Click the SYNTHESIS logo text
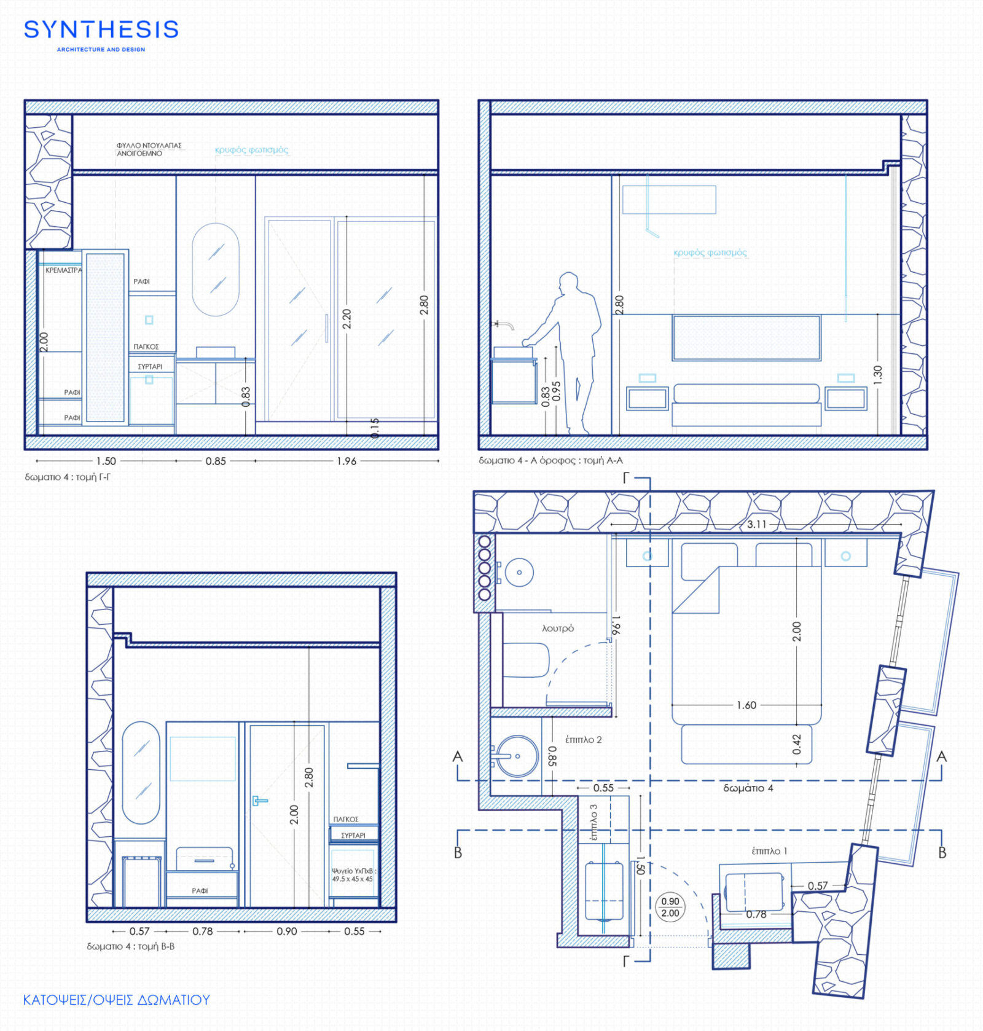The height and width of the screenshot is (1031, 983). coord(101,29)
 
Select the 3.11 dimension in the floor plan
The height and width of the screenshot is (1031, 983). coord(756,524)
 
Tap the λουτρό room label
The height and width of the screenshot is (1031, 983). coord(557,628)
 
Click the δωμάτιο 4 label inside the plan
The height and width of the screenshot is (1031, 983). coord(748,788)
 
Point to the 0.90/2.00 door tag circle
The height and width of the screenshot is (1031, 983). coord(670,907)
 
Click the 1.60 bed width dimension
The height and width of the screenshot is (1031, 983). coord(746,705)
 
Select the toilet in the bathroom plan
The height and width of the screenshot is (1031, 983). coord(526,660)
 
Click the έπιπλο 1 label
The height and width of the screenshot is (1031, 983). coord(769,851)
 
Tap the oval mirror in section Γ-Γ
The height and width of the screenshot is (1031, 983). coord(215,269)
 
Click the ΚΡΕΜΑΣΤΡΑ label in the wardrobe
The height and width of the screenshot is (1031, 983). coord(63,270)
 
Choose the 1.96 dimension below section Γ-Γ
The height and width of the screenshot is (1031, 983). coord(346,461)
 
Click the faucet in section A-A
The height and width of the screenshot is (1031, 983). coord(504,323)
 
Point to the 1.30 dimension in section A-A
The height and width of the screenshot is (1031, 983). coord(877,375)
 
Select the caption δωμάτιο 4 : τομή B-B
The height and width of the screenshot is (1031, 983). coord(130,946)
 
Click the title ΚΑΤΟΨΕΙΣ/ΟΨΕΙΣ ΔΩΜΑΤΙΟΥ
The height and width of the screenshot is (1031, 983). coord(116,1000)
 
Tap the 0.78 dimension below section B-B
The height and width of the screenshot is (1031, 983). coord(202,931)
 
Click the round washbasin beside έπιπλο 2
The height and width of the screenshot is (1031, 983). coord(517,756)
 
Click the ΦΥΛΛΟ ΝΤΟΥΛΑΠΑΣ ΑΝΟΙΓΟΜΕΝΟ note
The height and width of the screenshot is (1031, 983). coord(149,149)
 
